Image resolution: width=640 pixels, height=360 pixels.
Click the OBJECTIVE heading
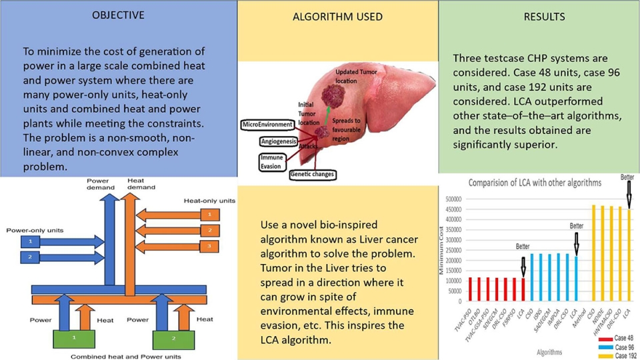pyautogui.click(x=119, y=15)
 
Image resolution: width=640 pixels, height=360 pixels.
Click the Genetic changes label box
pyautogui.click(x=312, y=175)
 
